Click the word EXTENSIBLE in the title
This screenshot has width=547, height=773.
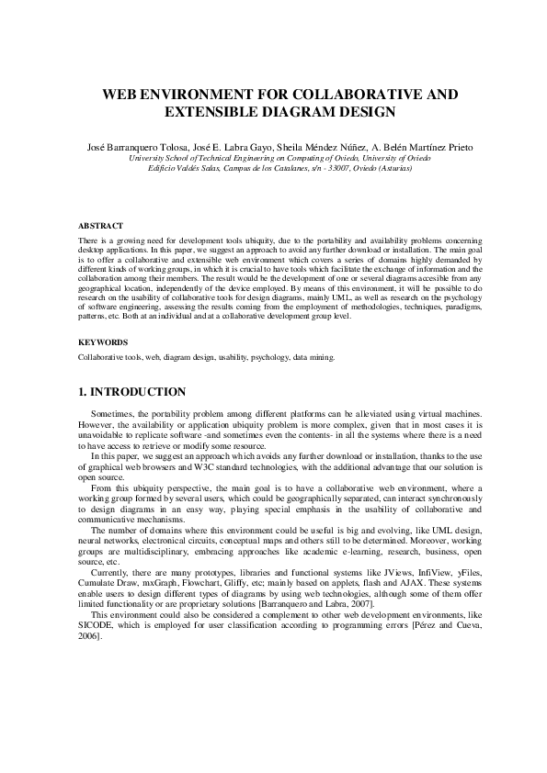[x=211, y=113]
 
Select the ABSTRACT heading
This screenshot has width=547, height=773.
[x=100, y=225]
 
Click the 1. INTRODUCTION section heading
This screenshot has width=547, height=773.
[x=132, y=392]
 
